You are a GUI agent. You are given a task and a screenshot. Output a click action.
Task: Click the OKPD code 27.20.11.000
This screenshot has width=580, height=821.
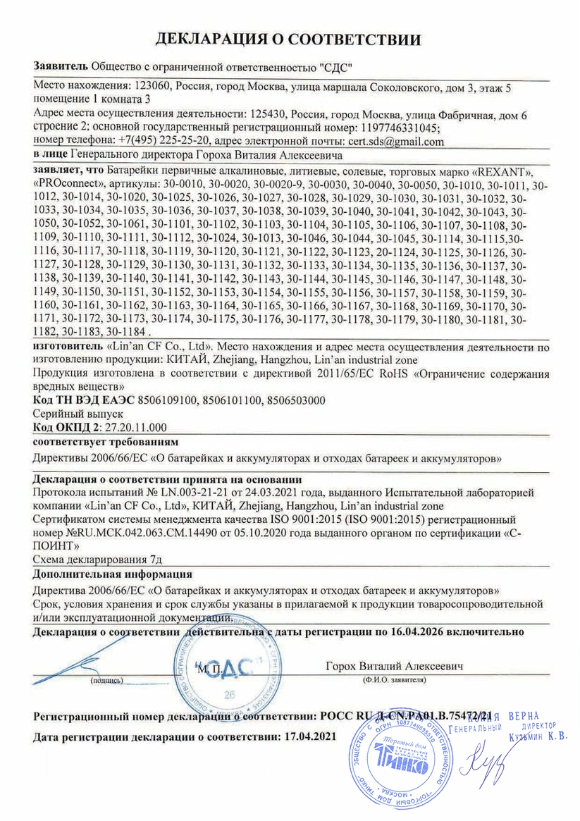[135, 428]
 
